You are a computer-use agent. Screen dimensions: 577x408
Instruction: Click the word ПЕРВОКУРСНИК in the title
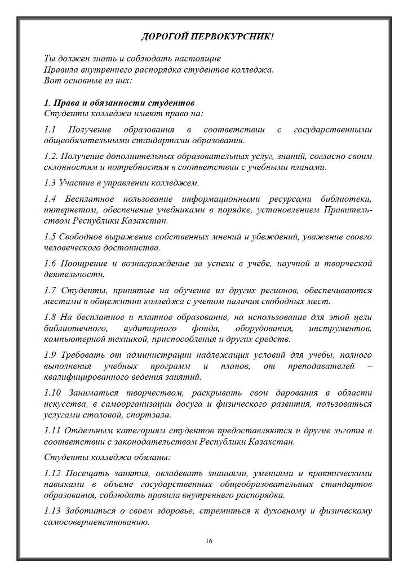[x=237, y=37]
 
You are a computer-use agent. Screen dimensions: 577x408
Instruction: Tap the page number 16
[x=209, y=541]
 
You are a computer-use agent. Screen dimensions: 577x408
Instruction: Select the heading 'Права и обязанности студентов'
[x=123, y=103]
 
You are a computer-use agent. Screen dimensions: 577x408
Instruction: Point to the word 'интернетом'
[x=65, y=210]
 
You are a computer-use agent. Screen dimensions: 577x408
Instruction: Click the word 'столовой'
[x=114, y=415]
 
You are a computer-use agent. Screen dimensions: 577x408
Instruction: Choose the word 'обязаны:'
[x=152, y=457]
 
